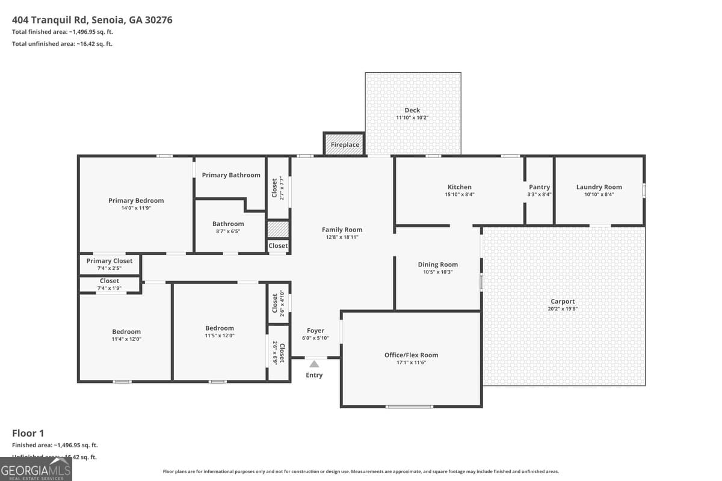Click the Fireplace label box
click(345, 145)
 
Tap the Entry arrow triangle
click(314, 364)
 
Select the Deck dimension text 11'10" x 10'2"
click(412, 118)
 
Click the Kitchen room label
click(460, 187)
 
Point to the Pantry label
click(539, 187)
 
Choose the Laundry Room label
click(599, 187)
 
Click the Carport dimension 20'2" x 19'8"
click(563, 309)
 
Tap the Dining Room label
click(438, 265)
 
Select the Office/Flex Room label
click(412, 355)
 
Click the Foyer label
click(315, 331)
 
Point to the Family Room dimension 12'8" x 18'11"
click(342, 237)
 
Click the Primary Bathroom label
click(231, 175)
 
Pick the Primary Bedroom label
click(136, 201)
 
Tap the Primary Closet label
click(110, 261)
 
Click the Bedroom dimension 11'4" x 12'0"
click(126, 339)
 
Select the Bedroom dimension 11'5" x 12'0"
click(219, 336)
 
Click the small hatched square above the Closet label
click(278, 230)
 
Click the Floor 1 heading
click(28, 433)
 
